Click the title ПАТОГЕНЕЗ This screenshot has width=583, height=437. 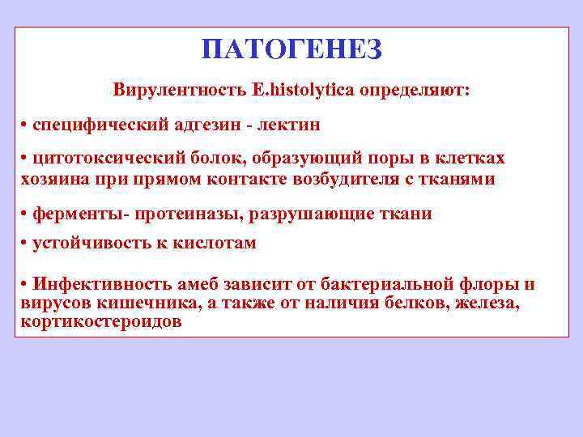(x=291, y=49)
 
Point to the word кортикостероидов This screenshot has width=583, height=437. (x=101, y=320)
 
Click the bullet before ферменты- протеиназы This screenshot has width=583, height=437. (x=25, y=214)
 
